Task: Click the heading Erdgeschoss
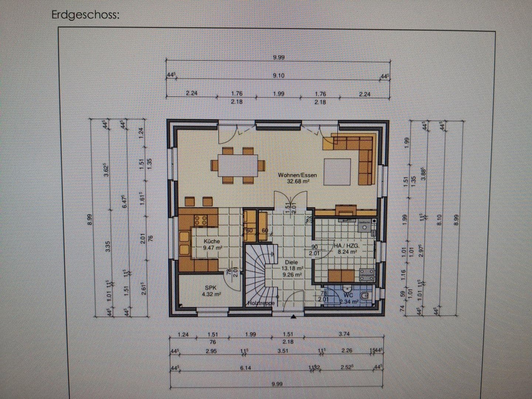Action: click(x=86, y=15)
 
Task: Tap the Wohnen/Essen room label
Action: click(x=297, y=175)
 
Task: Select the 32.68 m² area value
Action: click(x=298, y=181)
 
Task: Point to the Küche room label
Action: click(x=212, y=241)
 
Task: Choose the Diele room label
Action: click(x=291, y=262)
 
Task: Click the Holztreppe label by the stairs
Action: click(x=261, y=303)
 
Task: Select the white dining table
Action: click(x=238, y=165)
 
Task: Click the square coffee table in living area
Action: click(x=337, y=171)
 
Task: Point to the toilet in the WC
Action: click(x=365, y=295)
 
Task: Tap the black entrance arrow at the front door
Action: click(x=293, y=317)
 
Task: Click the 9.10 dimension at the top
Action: click(x=278, y=75)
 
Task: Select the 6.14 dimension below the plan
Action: click(x=245, y=368)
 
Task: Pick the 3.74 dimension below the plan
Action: click(x=344, y=334)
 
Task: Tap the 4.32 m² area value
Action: click(x=211, y=294)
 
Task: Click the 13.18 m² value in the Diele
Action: click(x=293, y=269)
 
